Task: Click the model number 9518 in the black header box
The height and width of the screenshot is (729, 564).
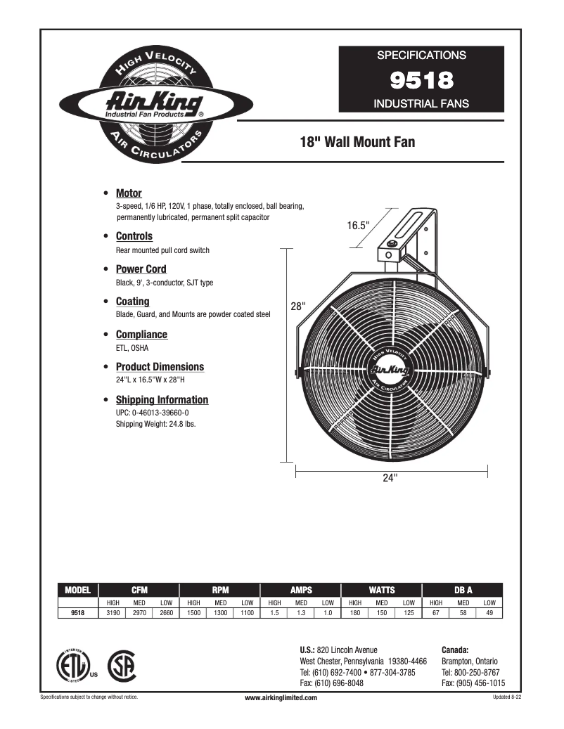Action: point(421,80)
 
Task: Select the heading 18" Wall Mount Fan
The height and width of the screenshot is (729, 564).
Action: point(357,143)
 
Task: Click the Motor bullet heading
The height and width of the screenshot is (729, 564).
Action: point(129,193)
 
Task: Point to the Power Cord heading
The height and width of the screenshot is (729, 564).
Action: point(141,269)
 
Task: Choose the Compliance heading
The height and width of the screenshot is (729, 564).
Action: point(141,335)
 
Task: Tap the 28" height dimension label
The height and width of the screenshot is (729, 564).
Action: point(297,307)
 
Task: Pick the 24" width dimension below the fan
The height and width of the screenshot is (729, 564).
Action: point(390,477)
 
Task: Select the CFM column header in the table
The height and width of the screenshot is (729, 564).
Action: point(139,591)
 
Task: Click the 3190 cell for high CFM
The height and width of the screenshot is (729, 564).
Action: point(113,613)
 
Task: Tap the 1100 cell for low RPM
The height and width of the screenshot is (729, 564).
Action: point(247,613)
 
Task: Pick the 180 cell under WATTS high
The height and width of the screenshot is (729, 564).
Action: point(355,613)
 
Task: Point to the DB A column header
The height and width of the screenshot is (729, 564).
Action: point(463,591)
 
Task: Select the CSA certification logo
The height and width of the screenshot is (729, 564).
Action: point(121,664)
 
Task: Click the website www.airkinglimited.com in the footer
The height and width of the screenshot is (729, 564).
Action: point(281,697)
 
